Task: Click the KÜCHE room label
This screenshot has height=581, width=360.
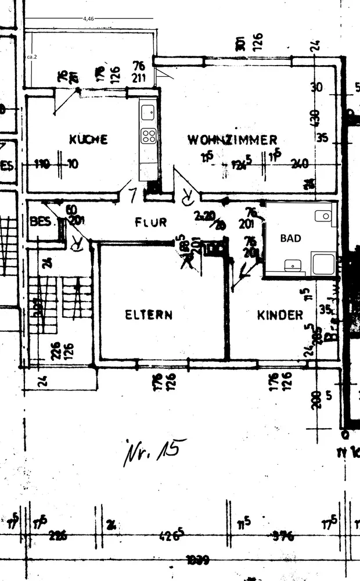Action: click(88, 139)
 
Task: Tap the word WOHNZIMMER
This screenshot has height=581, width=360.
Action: click(232, 140)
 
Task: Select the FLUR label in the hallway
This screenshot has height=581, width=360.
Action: click(151, 222)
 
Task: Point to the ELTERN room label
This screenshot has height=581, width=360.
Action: click(149, 315)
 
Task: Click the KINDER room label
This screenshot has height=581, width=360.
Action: click(280, 315)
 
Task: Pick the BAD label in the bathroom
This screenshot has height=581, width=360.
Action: click(291, 238)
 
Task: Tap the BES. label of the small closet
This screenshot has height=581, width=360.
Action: click(41, 222)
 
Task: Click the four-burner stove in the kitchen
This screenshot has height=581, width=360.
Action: click(149, 137)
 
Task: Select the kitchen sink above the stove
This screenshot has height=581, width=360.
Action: click(148, 109)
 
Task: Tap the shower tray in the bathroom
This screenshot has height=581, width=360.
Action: click(323, 264)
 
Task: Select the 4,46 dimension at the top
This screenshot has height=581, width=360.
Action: click(88, 19)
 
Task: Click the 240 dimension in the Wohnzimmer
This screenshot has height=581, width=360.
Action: click(300, 163)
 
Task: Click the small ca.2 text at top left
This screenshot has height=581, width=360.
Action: click(32, 58)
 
